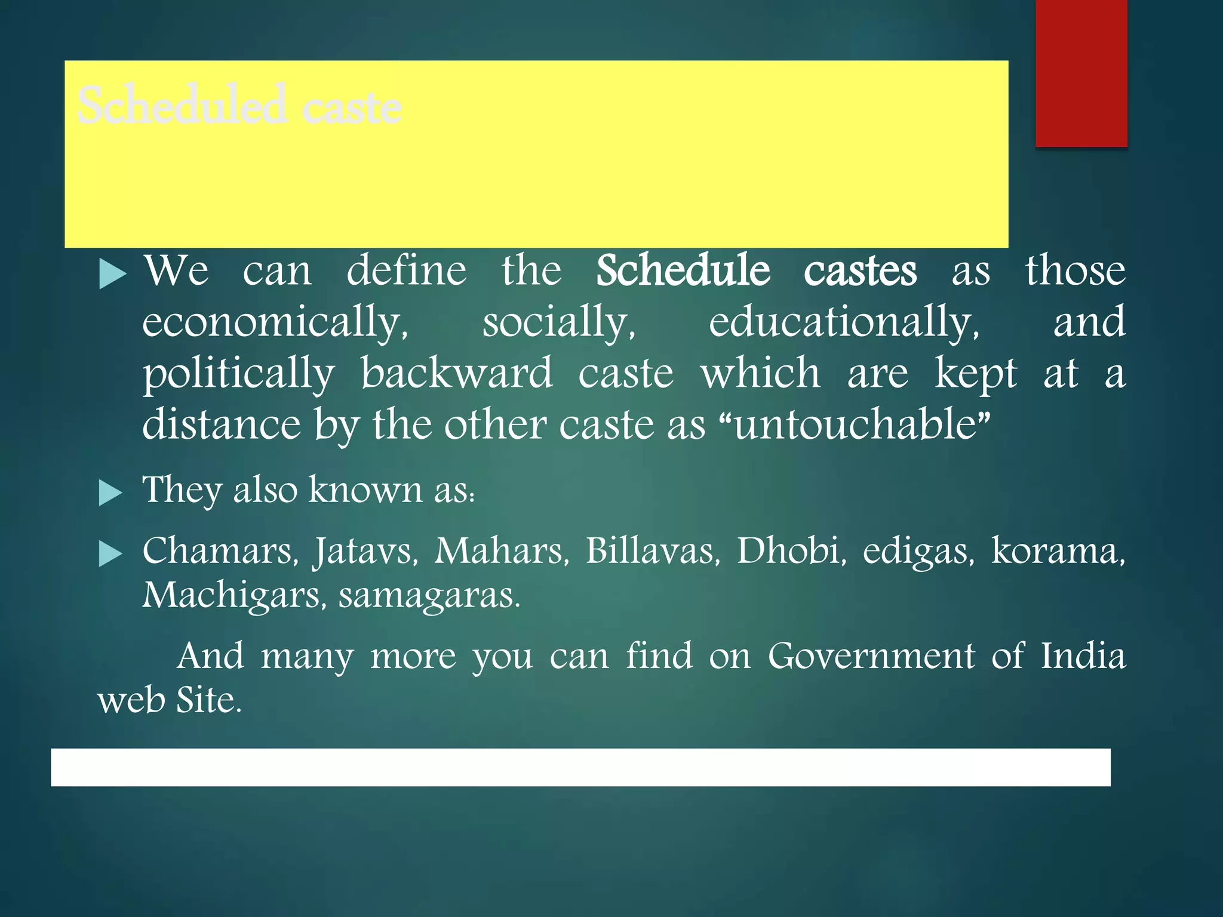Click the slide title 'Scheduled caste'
click(x=239, y=106)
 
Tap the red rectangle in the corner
click(x=1081, y=73)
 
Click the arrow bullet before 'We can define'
click(x=112, y=274)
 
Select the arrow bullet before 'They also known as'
click(x=110, y=493)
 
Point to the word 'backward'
click(x=457, y=374)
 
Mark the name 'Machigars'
click(x=233, y=596)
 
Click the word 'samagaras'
click(x=429, y=596)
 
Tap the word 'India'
click(x=1083, y=656)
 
